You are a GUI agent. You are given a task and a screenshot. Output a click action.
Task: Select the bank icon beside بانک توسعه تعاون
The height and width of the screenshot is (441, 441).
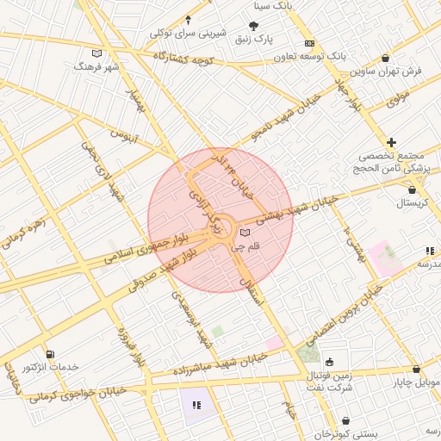[x=310, y=43]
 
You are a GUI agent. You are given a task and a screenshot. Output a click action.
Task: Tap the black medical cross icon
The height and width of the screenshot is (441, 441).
[x=392, y=141]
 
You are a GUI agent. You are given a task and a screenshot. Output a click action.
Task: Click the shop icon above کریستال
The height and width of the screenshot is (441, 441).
[x=413, y=189]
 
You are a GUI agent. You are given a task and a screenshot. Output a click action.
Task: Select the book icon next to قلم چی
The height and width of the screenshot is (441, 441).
[x=245, y=233]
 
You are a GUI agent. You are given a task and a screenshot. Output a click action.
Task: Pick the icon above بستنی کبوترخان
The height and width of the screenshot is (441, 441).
[x=345, y=421]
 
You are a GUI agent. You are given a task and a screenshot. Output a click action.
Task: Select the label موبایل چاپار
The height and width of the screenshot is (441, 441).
[x=419, y=382]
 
